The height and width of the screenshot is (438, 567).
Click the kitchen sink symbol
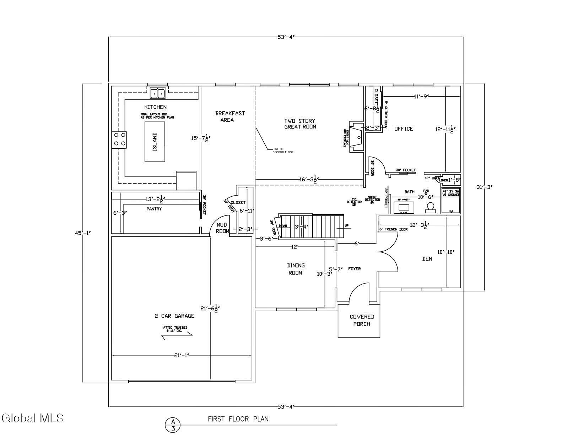[x=158, y=93]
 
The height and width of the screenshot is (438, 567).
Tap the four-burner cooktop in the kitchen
[x=119, y=139]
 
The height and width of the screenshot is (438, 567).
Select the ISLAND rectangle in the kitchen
[x=155, y=142]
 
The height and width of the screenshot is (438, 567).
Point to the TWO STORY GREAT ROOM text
[x=300, y=124]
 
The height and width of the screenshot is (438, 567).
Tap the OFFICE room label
[x=404, y=128]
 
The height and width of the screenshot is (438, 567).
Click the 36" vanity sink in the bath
[x=404, y=207]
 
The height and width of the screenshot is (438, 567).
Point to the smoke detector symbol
[x=372, y=203]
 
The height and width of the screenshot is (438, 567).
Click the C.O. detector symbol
[x=354, y=204]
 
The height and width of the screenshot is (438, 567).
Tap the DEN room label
[x=427, y=259]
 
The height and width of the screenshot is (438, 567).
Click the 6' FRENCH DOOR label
[x=393, y=229]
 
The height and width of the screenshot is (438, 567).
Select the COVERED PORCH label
[x=362, y=320]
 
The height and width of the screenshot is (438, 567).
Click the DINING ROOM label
[x=296, y=269]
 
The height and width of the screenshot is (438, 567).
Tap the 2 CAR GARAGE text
[x=174, y=316]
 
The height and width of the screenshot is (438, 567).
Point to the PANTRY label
[x=154, y=209]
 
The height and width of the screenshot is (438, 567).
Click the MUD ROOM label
[x=222, y=228]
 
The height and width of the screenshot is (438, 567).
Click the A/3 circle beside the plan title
[x=173, y=425]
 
